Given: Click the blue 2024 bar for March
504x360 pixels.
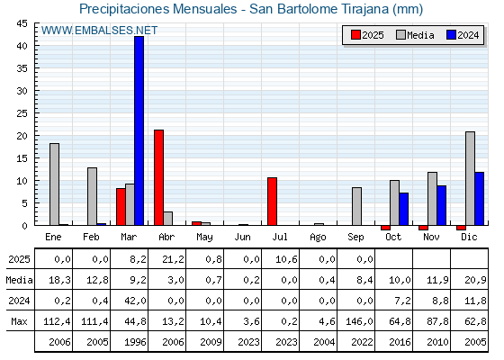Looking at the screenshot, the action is (139, 130).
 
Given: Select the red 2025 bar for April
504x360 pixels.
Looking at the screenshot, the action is (158, 178).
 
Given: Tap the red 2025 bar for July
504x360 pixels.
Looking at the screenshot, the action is (272, 202).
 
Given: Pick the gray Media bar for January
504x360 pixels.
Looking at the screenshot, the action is (54, 184).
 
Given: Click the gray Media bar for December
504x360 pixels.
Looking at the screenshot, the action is (470, 178).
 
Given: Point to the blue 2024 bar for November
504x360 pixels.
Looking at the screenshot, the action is (441, 205).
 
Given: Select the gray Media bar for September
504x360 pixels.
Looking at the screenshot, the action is (356, 206).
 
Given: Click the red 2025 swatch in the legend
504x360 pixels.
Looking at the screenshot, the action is (355, 35).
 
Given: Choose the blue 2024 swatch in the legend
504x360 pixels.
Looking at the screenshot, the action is (451, 35).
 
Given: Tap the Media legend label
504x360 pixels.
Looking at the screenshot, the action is (420, 35).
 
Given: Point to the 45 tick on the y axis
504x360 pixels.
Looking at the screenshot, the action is (22, 23).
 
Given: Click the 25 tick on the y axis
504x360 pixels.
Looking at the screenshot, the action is (22, 113).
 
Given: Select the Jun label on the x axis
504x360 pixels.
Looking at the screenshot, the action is (242, 238).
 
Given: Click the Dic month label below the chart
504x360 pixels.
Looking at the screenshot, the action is (469, 238).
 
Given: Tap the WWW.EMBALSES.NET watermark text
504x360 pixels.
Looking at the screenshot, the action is (99, 31).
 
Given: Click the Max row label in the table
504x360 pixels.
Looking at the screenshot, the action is (19, 321).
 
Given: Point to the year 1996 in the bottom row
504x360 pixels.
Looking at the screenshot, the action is (135, 342).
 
